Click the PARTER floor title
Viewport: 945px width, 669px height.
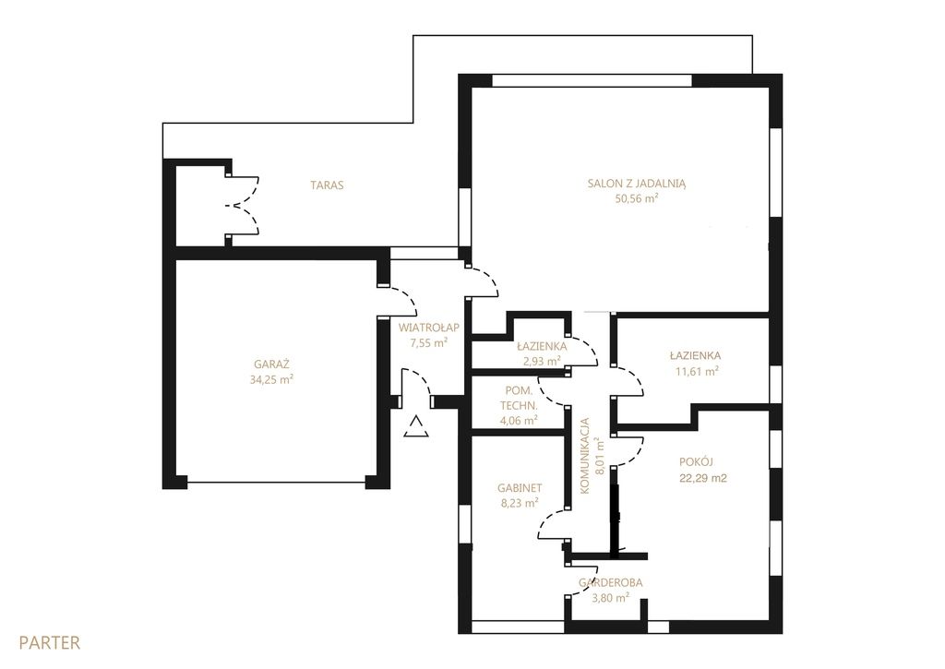[50, 642]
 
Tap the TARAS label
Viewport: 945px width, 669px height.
[328, 185]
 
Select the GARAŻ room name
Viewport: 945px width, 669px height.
[272, 364]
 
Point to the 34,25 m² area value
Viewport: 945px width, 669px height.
[272, 379]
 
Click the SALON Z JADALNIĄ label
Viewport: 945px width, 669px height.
[637, 184]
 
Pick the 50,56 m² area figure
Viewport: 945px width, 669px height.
[637, 198]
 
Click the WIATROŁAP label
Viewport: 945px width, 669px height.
[429, 328]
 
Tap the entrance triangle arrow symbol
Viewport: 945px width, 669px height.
[416, 425]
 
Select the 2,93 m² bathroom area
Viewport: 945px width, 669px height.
[542, 361]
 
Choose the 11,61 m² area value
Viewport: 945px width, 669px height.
[697, 371]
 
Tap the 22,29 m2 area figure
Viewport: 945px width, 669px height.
[702, 479]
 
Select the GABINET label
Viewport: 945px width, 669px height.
[520, 488]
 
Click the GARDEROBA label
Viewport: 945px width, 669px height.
[611, 583]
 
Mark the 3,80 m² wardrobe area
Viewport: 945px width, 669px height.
[611, 598]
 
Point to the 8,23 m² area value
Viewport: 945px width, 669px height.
[520, 503]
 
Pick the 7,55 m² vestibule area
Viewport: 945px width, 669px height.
[429, 343]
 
